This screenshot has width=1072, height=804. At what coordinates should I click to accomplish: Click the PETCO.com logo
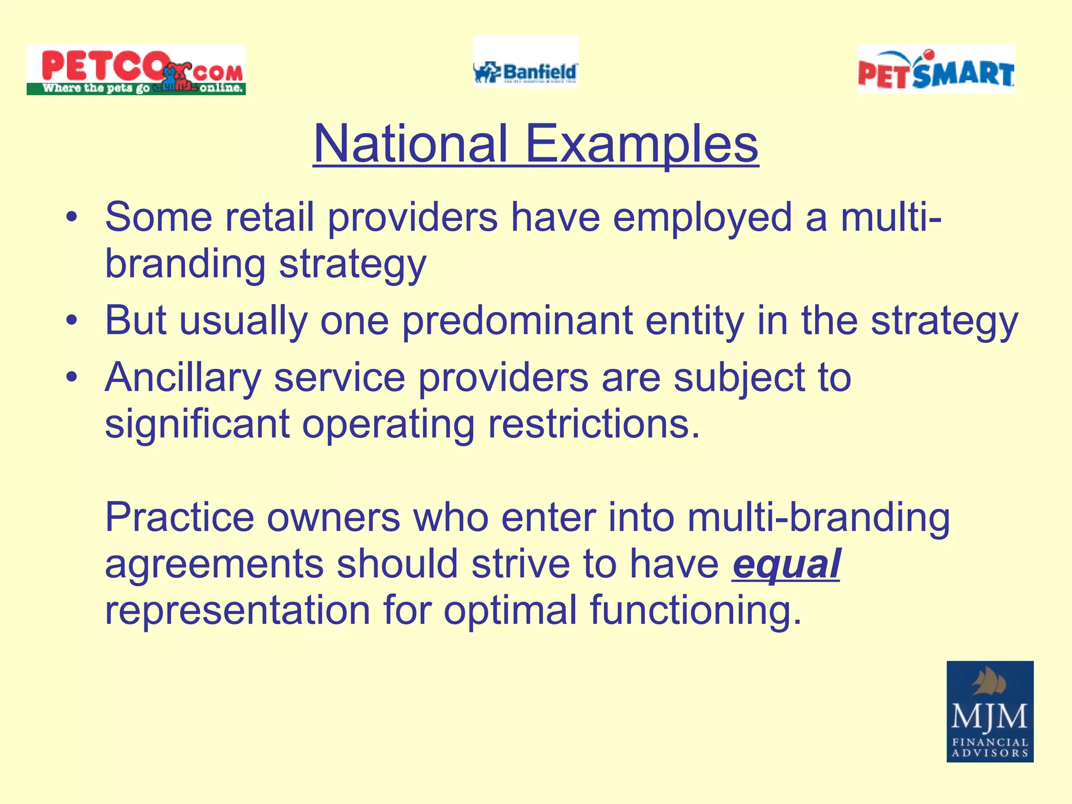point(136,70)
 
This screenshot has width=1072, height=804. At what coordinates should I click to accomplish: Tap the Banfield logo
point(526,63)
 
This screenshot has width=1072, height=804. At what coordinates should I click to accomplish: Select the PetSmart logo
point(936,70)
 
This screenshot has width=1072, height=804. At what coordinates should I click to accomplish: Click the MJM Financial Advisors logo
point(990,711)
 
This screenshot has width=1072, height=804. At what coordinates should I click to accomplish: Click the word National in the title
point(411,144)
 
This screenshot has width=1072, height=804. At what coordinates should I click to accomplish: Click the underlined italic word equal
point(786,564)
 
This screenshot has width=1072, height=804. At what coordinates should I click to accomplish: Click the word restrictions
point(594,424)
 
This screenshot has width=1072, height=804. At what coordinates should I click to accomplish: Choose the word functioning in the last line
point(695,611)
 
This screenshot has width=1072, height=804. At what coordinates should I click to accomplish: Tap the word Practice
point(180,517)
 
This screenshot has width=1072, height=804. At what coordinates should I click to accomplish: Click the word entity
point(695,321)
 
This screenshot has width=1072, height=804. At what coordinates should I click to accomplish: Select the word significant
point(197,424)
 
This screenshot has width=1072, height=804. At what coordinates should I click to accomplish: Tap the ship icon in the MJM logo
point(989,683)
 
